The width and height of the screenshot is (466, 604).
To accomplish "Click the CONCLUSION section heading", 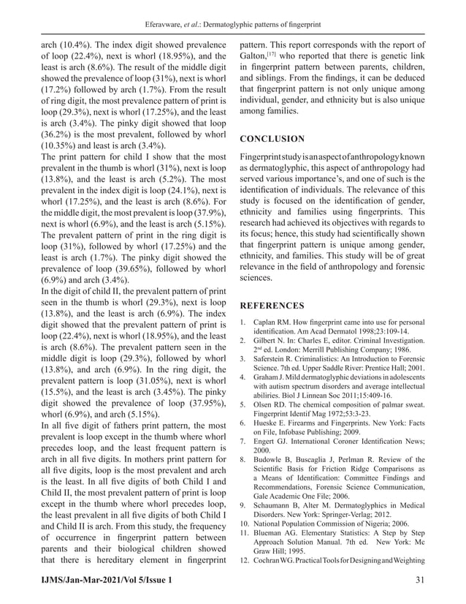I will (x=272, y=138).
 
